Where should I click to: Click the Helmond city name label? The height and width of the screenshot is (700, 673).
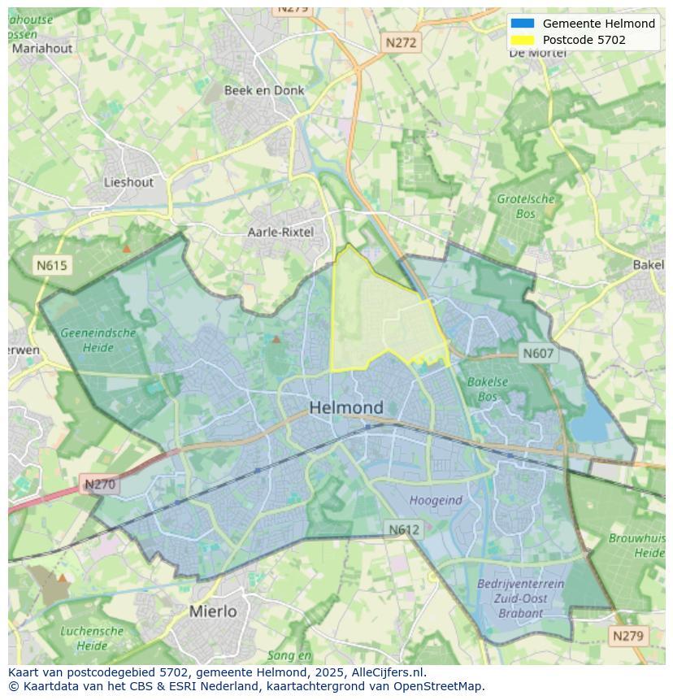[x=346, y=407]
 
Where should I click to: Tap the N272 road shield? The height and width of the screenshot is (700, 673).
[x=400, y=42]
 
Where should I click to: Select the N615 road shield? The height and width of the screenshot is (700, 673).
[x=52, y=265]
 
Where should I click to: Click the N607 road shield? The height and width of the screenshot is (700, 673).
[x=538, y=353]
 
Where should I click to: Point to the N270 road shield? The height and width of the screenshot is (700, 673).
[x=100, y=485]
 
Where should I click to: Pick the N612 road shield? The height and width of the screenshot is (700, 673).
[x=403, y=529]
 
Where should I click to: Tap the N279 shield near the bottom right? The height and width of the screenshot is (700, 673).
[x=628, y=636]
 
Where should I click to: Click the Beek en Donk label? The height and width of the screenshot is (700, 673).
[x=264, y=90]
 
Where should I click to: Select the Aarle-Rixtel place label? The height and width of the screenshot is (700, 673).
[x=280, y=232]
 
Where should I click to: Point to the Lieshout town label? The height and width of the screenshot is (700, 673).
[x=128, y=182]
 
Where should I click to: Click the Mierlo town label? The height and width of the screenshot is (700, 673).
[x=213, y=611]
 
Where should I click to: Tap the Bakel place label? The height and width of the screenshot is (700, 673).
[x=649, y=264]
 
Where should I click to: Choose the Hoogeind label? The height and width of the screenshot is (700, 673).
[x=436, y=500]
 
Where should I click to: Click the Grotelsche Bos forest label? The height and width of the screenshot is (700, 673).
[x=526, y=207]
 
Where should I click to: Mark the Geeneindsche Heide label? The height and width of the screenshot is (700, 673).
[x=98, y=340]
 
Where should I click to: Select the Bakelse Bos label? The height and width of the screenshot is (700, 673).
[x=488, y=389]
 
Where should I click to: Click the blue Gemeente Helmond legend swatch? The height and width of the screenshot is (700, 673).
[x=523, y=24]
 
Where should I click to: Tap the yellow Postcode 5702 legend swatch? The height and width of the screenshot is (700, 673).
[x=523, y=40]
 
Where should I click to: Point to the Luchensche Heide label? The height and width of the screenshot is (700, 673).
[x=92, y=638]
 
